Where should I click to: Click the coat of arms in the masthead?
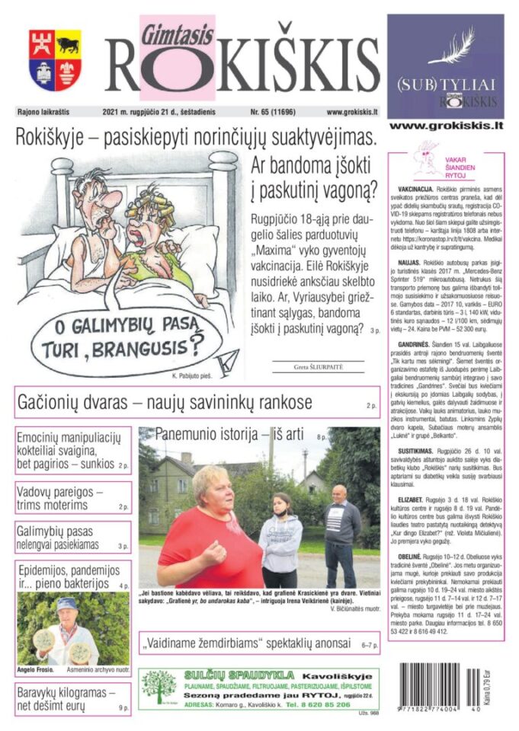55,60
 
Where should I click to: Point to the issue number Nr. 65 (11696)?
258,111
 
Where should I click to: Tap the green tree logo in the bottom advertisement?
158,687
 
